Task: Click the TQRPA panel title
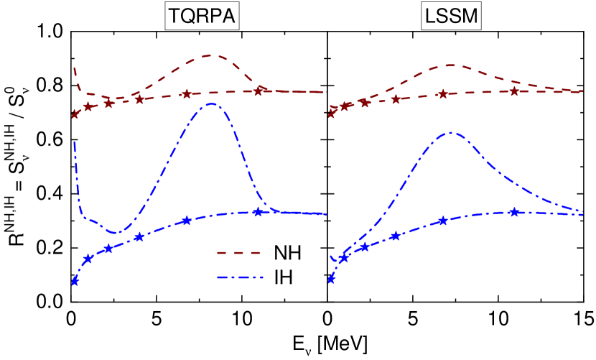click(x=202, y=17)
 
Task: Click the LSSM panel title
click(x=451, y=17)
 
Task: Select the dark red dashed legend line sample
click(x=238, y=253)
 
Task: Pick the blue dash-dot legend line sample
click(x=240, y=277)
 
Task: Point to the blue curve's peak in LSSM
click(x=450, y=132)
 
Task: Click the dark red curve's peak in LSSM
click(x=450, y=65)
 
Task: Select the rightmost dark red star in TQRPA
click(x=260, y=89)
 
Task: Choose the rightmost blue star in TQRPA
click(x=258, y=211)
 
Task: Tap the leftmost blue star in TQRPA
click(x=74, y=281)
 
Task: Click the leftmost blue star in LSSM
click(x=331, y=280)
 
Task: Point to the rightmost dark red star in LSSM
click(x=514, y=91)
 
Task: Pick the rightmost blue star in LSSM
click(x=514, y=211)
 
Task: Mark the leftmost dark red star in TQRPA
click(x=74, y=114)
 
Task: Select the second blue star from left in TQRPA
click(x=88, y=258)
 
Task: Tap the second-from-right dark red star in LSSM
click(x=443, y=94)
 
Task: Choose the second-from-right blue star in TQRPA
click(x=186, y=220)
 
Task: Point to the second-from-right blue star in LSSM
click(x=443, y=220)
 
